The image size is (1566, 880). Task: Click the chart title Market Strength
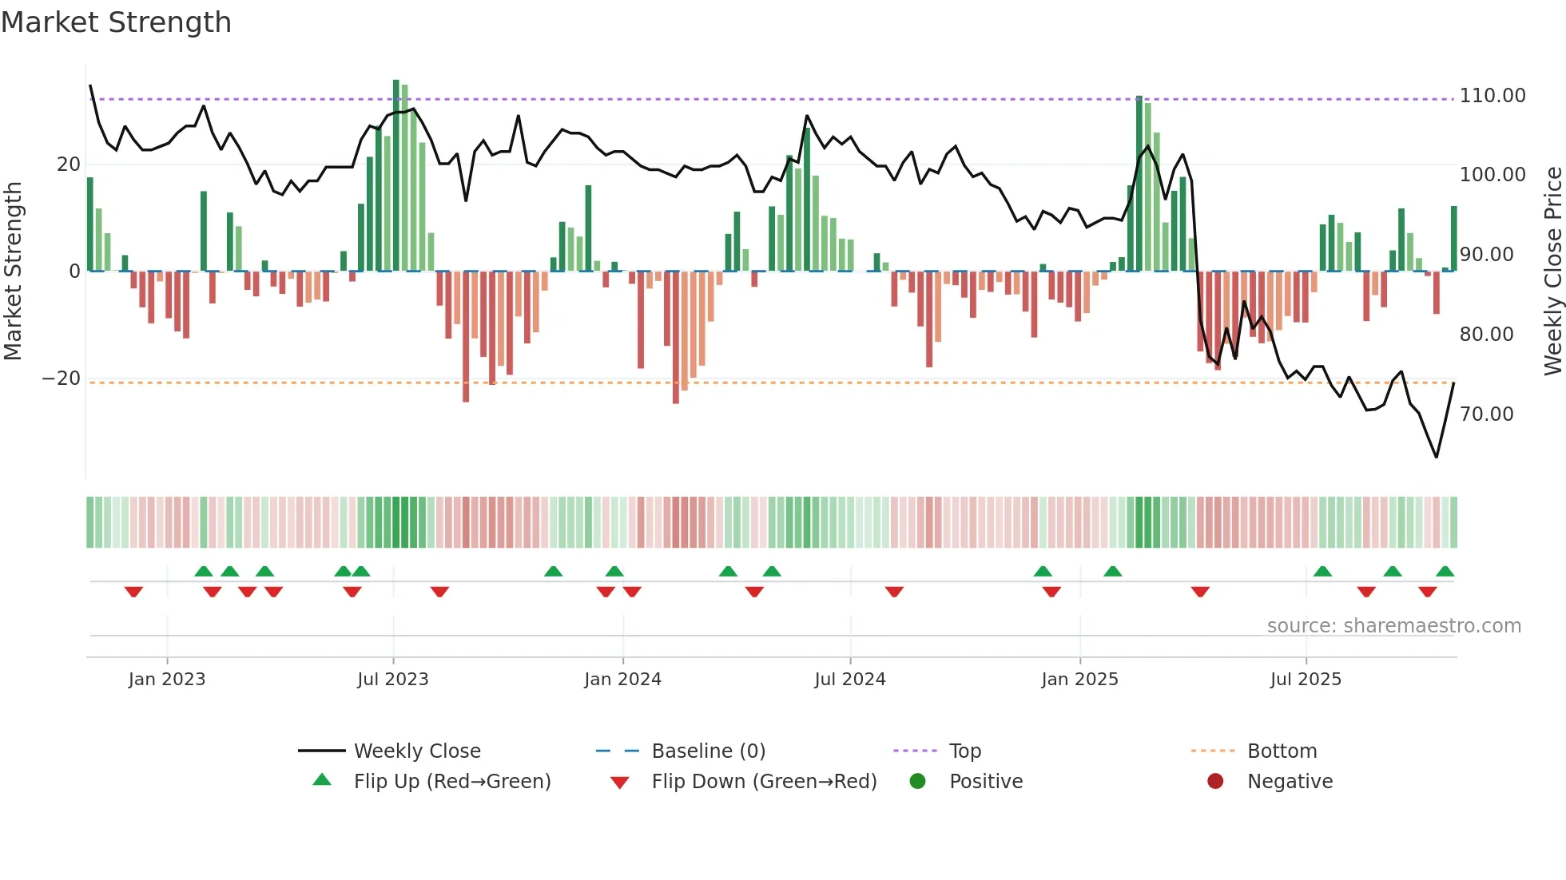coord(116,22)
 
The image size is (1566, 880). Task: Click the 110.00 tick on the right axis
coord(1492,96)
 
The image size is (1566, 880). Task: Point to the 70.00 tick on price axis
coord(1486,414)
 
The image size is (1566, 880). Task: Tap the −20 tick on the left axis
coord(62,379)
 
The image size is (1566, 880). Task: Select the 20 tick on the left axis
coord(69,165)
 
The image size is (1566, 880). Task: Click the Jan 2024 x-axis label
coord(622,680)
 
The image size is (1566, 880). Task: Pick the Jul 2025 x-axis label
coord(1306,680)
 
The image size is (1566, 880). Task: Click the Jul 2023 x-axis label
coord(392,680)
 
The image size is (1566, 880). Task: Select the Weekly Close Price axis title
coord(1552,272)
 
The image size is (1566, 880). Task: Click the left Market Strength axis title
coord(14,272)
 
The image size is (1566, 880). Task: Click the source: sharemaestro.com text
coord(1393,626)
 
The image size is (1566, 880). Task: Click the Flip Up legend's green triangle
coord(322,780)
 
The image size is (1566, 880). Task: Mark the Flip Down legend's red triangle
coord(619,783)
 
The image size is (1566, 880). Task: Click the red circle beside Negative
coord(1215,782)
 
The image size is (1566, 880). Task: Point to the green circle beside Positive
coord(917,782)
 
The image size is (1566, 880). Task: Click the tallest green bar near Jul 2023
coord(396,176)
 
